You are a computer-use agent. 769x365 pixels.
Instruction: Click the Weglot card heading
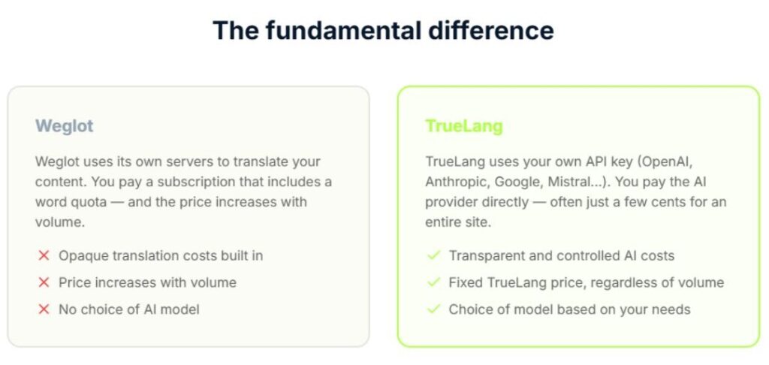click(x=65, y=126)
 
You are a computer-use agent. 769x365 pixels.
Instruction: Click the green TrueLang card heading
click(x=464, y=126)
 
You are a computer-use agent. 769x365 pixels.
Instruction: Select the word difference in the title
click(x=491, y=30)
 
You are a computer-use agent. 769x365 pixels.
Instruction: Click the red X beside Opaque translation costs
click(x=44, y=255)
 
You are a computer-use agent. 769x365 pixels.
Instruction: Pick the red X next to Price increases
click(x=44, y=282)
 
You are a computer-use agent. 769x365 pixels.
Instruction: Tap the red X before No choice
click(x=44, y=309)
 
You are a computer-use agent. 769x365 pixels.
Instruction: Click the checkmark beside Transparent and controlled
click(x=434, y=255)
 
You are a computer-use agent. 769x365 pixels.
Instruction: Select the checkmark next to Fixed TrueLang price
click(x=434, y=282)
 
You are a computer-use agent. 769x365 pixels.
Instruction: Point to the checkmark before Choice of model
click(x=434, y=309)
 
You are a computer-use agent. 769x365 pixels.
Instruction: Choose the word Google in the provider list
click(x=518, y=182)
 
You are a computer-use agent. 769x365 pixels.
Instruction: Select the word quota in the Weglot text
click(x=91, y=202)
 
